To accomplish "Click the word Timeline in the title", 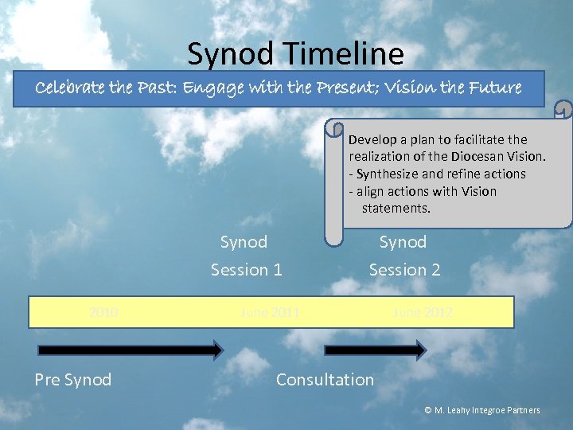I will pyautogui.click(x=348, y=54).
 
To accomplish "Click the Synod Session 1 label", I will pyautogui.click(x=246, y=256).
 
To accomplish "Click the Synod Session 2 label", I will pyautogui.click(x=404, y=256).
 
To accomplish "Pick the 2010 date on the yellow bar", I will pyautogui.click(x=104, y=312).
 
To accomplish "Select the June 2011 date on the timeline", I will pyautogui.click(x=270, y=312).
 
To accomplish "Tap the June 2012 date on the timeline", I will pyautogui.click(x=422, y=312).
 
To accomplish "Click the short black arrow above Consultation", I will pyautogui.click(x=375, y=350).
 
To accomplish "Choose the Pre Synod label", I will pyautogui.click(x=72, y=380).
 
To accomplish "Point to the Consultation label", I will pyautogui.click(x=325, y=380).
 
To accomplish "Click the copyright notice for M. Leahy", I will pyautogui.click(x=482, y=410).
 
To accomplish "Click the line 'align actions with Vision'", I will pyautogui.click(x=427, y=191).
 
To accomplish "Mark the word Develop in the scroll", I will pyautogui.click(x=372, y=139).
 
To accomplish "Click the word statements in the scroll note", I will pyautogui.click(x=396, y=209).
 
